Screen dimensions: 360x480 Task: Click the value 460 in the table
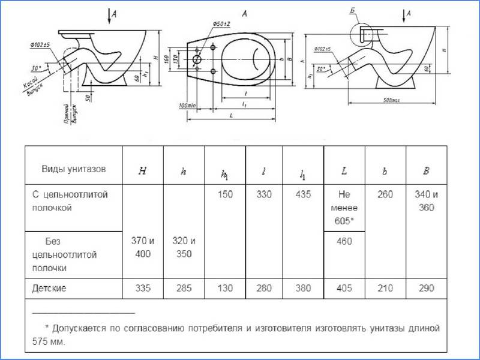(344, 242)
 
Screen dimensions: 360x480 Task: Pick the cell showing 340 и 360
(426, 202)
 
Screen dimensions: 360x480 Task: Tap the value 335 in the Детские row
(142, 289)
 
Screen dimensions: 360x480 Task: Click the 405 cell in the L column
(344, 289)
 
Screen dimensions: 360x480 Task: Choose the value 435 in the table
(304, 195)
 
